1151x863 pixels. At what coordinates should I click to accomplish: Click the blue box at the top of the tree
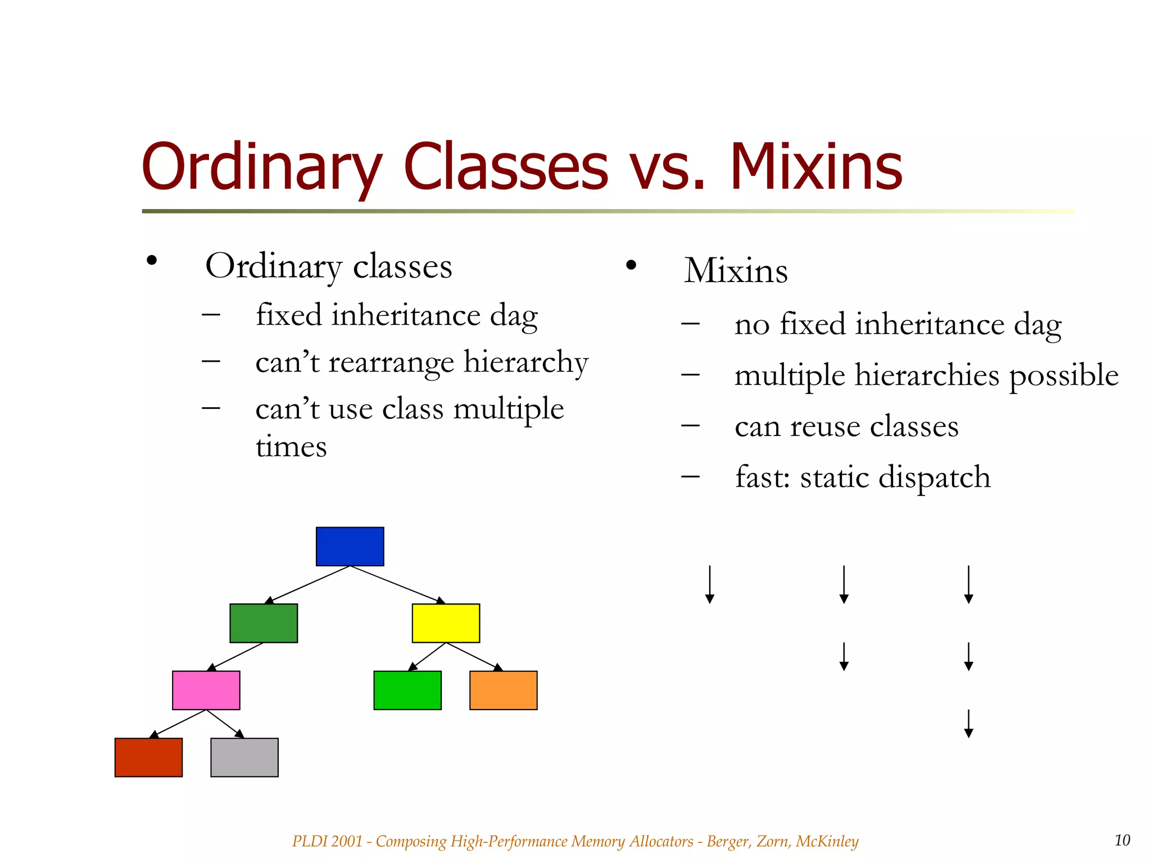[350, 546]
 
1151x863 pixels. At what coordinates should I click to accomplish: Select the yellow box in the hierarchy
[446, 623]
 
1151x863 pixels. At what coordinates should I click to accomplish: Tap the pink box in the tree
[206, 690]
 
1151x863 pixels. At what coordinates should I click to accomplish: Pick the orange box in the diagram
[503, 690]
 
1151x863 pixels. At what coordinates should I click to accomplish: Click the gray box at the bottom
[244, 757]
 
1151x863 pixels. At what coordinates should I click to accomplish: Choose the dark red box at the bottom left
[148, 757]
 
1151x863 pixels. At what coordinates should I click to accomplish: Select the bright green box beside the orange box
[407, 690]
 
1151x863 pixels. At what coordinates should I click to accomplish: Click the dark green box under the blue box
[264, 623]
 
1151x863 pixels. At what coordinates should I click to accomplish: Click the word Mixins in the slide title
[815, 167]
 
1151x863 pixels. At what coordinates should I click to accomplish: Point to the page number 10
[1122, 840]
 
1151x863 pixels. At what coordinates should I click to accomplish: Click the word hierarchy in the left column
[526, 362]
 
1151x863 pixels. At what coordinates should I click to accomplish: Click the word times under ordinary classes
[291, 447]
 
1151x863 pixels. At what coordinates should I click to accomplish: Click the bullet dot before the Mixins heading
[631, 265]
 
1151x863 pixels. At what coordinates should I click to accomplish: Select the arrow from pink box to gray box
[225, 724]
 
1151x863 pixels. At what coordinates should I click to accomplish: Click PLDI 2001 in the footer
[327, 841]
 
